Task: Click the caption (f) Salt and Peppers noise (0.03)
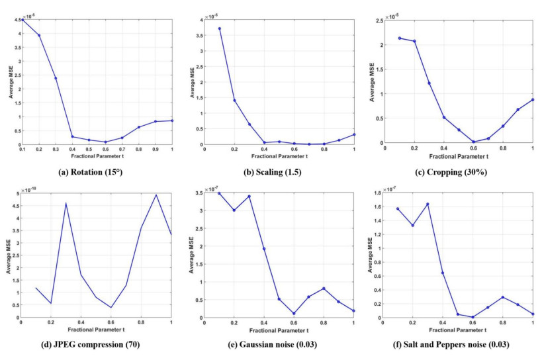459,343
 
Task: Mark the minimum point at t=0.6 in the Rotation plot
105,142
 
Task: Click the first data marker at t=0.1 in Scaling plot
219,28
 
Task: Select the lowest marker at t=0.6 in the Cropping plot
473,142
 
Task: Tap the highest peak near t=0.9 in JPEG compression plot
156,195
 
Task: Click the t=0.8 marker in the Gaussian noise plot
324,288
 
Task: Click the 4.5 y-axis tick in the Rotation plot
15,20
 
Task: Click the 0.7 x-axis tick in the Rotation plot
122,150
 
